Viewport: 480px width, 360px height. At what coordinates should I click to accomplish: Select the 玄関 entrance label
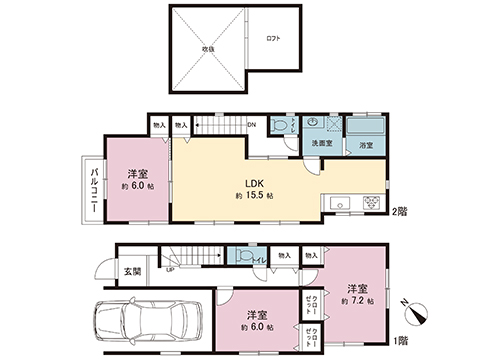click(x=132, y=271)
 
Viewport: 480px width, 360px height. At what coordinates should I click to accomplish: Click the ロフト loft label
click(x=273, y=38)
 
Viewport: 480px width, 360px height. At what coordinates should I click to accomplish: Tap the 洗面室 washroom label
click(x=322, y=144)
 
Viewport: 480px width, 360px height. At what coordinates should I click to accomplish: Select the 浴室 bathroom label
click(x=366, y=146)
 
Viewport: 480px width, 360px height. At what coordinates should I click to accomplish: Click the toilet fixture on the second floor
click(x=287, y=126)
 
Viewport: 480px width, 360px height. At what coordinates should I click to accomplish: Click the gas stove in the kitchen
click(x=372, y=202)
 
